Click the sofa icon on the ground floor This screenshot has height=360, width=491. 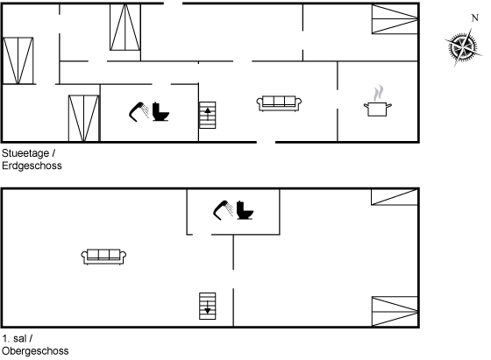pyautogui.click(x=279, y=103)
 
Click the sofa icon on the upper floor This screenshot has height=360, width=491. pyautogui.click(x=103, y=257)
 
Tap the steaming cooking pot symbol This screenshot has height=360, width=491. pyautogui.click(x=378, y=101)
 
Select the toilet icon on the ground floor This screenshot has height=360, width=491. pyautogui.click(x=160, y=111)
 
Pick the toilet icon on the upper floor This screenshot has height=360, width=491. pyautogui.click(x=245, y=210)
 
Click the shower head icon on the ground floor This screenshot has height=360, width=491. pyautogui.click(x=139, y=111)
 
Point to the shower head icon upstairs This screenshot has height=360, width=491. pyautogui.click(x=224, y=210)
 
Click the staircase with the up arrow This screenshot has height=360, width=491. pyautogui.click(x=208, y=115)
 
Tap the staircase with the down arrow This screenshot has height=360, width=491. pyautogui.click(x=208, y=307)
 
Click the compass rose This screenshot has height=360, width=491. pyautogui.click(x=463, y=47)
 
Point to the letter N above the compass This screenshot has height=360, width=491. pyautogui.click(x=474, y=18)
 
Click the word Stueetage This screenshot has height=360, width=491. pyautogui.click(x=25, y=153)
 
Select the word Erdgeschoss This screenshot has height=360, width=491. pyautogui.click(x=32, y=166)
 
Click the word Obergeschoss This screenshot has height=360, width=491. pyautogui.click(x=35, y=351)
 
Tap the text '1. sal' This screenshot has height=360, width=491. pyautogui.click(x=14, y=338)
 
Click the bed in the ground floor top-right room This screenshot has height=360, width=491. pyautogui.click(x=395, y=19)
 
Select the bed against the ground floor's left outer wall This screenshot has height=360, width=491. pyautogui.click(x=18, y=60)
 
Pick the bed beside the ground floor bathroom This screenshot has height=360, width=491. pyautogui.click(x=83, y=118)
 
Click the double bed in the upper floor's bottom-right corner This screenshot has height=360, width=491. pyautogui.click(x=395, y=312)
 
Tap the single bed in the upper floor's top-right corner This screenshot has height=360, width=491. pyautogui.click(x=395, y=197)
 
